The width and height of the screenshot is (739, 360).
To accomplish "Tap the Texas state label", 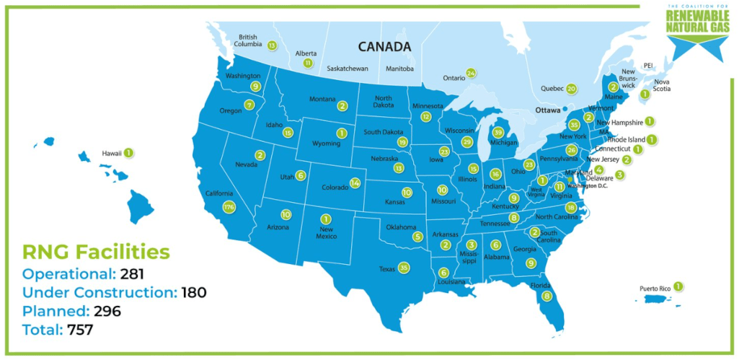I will tap(386, 268).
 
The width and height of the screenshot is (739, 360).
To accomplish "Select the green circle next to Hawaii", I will tap(128, 152).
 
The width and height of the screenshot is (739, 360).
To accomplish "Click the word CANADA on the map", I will tap(384, 47).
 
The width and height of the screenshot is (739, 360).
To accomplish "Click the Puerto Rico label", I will tap(655, 289).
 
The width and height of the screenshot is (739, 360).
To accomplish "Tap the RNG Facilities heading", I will tap(96, 252).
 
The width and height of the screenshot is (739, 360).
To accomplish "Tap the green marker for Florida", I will tap(547, 296).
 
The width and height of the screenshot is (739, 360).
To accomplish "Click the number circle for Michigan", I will tap(497, 132).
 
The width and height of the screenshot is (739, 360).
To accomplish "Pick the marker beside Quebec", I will tap(571, 89).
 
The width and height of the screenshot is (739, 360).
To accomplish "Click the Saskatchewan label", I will tap(348, 69).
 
